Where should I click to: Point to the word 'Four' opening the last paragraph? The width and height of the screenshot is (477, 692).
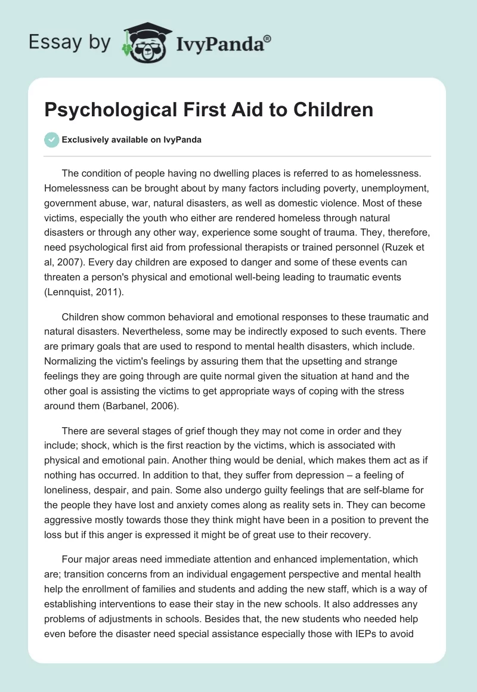click(x=72, y=559)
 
